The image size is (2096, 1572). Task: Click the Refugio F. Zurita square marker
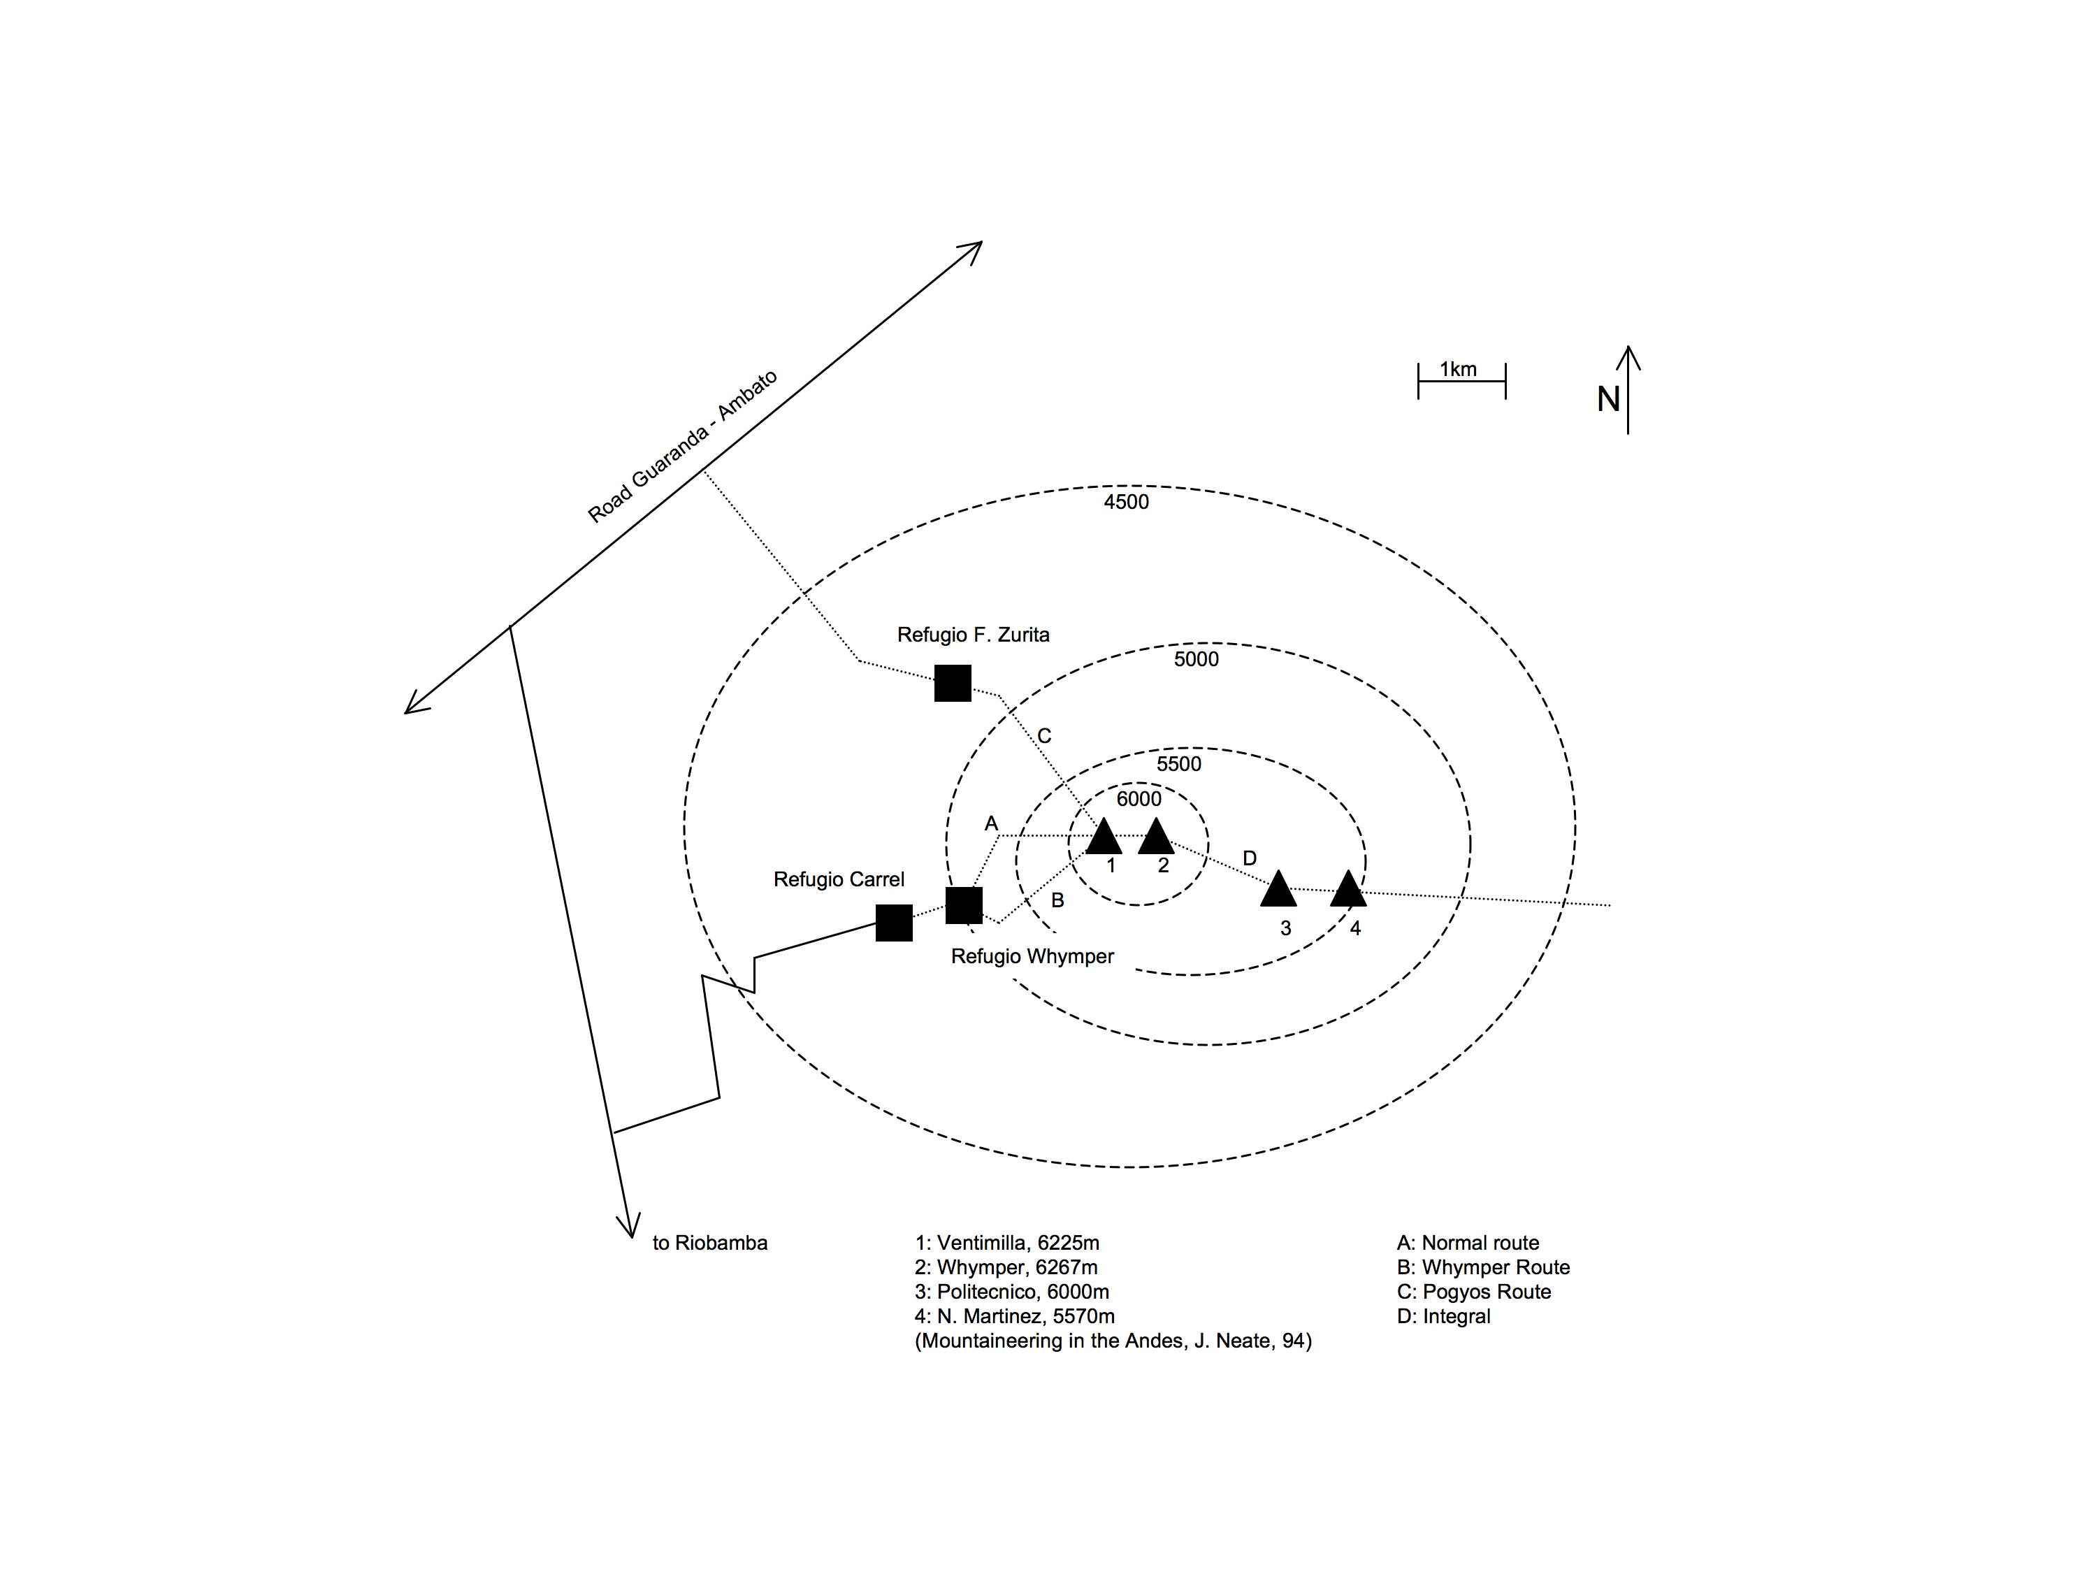[x=953, y=683]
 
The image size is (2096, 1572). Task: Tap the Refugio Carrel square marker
[x=894, y=923]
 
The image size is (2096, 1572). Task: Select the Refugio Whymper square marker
[x=964, y=906]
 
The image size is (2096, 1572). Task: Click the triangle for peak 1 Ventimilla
[x=1104, y=836]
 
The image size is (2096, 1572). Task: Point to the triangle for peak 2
[x=1156, y=836]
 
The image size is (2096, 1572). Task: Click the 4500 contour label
[x=1127, y=502]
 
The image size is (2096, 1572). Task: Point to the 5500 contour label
[x=1179, y=765]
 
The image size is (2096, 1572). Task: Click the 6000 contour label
[x=1139, y=799]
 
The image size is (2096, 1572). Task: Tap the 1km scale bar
[x=1462, y=381]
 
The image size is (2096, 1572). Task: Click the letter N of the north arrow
[x=1608, y=399]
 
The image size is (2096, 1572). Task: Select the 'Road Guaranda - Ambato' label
[x=682, y=447]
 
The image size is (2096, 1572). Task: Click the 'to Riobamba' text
[x=709, y=1243]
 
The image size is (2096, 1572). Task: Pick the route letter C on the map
[x=1044, y=736]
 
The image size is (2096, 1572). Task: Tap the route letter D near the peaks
[x=1250, y=858]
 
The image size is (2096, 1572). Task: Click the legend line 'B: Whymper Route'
[x=1483, y=1268]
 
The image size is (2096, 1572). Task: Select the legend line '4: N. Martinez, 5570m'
[x=1015, y=1317]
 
